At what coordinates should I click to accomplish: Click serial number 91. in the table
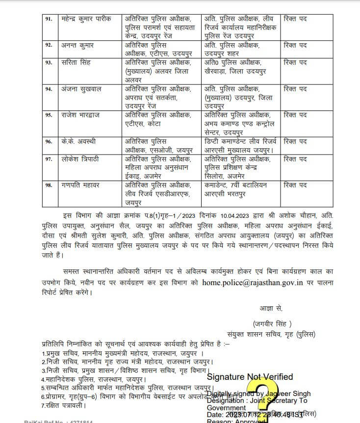(x=48, y=19)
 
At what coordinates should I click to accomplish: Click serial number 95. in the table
(x=48, y=115)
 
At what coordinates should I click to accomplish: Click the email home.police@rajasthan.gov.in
(x=251, y=283)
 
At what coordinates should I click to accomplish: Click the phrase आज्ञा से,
(x=271, y=308)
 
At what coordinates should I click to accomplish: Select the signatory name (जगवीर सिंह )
(x=272, y=323)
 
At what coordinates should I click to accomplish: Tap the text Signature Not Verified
(x=250, y=377)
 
